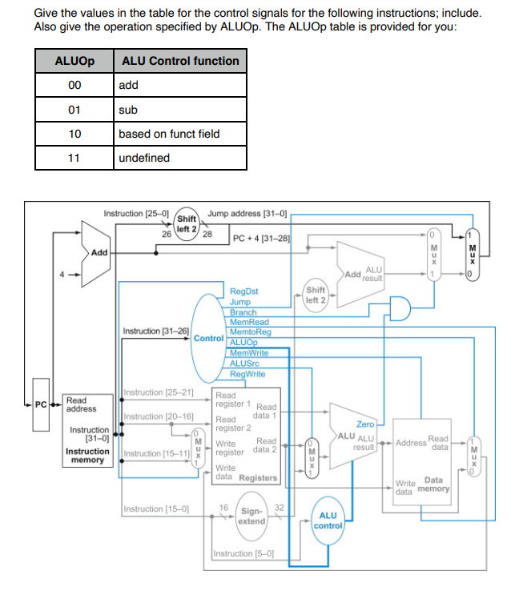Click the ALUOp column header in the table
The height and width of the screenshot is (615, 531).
74,61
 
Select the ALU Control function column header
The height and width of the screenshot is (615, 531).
179,61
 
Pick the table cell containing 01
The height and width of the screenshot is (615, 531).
74,109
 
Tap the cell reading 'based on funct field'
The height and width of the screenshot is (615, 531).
169,134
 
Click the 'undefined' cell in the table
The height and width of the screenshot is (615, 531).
144,158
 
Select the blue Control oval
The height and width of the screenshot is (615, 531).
208,338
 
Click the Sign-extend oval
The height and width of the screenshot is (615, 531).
251,516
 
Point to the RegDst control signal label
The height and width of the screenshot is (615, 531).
243,292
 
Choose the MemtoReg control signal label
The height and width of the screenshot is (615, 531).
250,332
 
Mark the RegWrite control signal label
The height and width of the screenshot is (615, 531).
247,373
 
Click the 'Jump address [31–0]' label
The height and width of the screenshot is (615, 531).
241,215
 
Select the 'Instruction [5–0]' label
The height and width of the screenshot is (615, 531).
243,553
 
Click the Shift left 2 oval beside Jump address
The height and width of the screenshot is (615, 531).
187,222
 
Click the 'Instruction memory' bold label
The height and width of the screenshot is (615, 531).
86,456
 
